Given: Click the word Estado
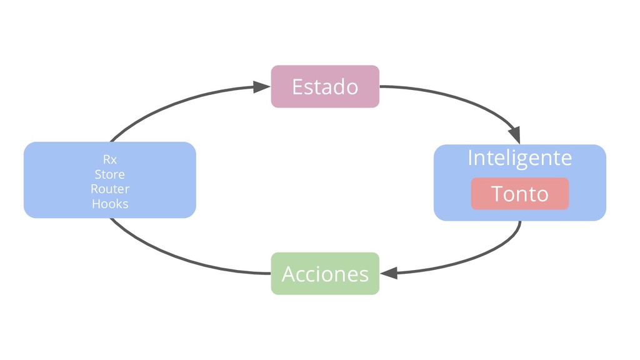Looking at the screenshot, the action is coord(325,87).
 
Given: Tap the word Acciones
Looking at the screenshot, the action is coord(325,274).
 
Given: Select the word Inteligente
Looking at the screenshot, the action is coord(519,157).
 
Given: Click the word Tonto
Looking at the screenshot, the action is coord(519,194).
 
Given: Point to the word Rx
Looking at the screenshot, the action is coord(110,160).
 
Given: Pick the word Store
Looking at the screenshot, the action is coord(110,174).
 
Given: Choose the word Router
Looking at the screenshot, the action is coord(110,189).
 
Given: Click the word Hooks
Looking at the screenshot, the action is coord(110,204).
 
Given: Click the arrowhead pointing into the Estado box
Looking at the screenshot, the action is coord(262,87).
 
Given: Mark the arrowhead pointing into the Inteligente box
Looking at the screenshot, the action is coord(514,136).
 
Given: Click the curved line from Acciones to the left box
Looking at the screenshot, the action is coord(175,258).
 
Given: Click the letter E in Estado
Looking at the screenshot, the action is coord(297,87).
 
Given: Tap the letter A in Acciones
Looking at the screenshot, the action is coord(288,274).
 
